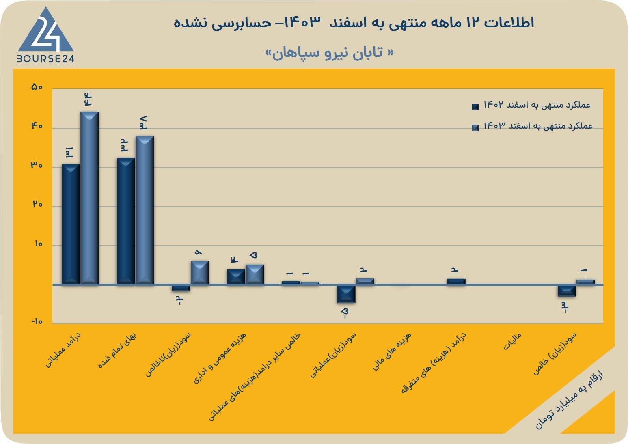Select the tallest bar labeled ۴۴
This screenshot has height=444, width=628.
point(89,198)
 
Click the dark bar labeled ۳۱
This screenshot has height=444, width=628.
point(70,224)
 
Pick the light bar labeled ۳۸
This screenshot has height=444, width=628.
point(145,210)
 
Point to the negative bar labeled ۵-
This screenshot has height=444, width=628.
point(346,294)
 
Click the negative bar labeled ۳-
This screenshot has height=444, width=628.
point(566,291)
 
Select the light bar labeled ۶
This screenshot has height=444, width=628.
point(200,272)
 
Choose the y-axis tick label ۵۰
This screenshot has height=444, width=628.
point(37,87)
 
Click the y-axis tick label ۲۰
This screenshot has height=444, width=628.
point(38,204)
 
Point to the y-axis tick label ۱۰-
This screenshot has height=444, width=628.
point(37,321)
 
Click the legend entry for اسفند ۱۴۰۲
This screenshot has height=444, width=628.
point(531,106)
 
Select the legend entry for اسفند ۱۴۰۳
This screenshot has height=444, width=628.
point(532,126)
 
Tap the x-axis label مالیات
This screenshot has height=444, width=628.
point(512,342)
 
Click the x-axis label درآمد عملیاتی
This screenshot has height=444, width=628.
point(63,350)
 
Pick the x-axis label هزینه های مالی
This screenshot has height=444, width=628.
point(392,351)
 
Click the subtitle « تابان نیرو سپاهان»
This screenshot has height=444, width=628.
point(330,52)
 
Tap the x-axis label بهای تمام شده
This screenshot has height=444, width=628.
point(117,350)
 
